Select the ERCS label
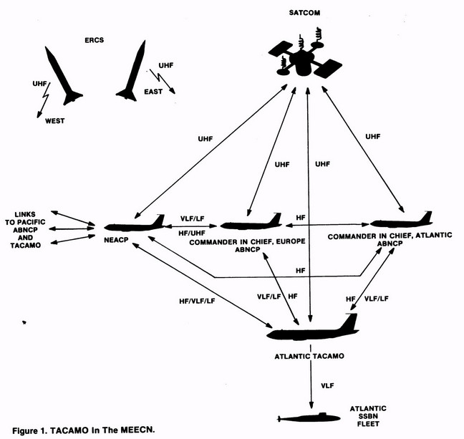click(94, 40)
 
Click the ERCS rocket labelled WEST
click(63, 76)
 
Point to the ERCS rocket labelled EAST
click(132, 71)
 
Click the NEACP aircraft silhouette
click(135, 225)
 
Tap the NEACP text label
click(116, 240)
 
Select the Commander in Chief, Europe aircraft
click(251, 223)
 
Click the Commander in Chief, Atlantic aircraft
click(402, 221)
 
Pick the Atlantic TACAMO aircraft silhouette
click(313, 329)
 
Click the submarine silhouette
click(309, 418)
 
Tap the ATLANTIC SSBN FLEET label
click(368, 416)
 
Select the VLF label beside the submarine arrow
click(327, 385)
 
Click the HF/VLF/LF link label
click(197, 301)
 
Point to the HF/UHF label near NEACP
click(192, 233)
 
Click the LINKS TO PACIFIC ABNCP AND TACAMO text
click(26, 230)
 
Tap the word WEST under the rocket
click(54, 121)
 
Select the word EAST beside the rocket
click(153, 92)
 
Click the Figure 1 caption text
click(84, 430)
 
